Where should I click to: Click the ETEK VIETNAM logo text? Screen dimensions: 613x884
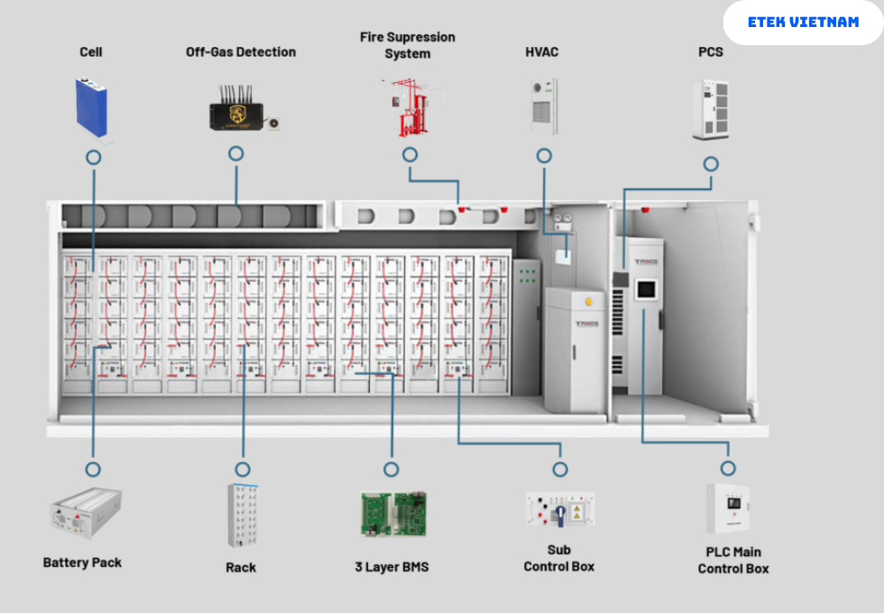click(803, 22)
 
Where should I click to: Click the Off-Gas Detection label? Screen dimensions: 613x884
click(241, 52)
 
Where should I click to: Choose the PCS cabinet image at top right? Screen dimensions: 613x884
click(710, 110)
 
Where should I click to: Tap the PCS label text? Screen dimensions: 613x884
click(711, 52)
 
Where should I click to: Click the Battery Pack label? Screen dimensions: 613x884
click(82, 563)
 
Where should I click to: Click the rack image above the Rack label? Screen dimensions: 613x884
click(243, 516)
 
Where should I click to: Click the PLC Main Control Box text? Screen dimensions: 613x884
click(732, 560)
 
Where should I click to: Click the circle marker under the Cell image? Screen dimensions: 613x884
click(93, 157)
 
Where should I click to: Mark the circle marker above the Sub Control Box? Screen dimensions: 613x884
click(560, 470)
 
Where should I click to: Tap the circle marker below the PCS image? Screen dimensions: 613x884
click(711, 164)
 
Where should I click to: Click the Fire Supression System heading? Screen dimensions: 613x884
click(408, 45)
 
